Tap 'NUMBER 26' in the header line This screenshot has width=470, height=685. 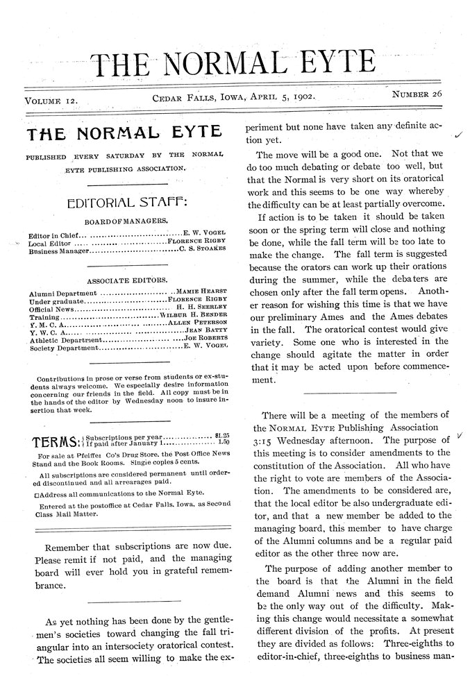click(x=417, y=93)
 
